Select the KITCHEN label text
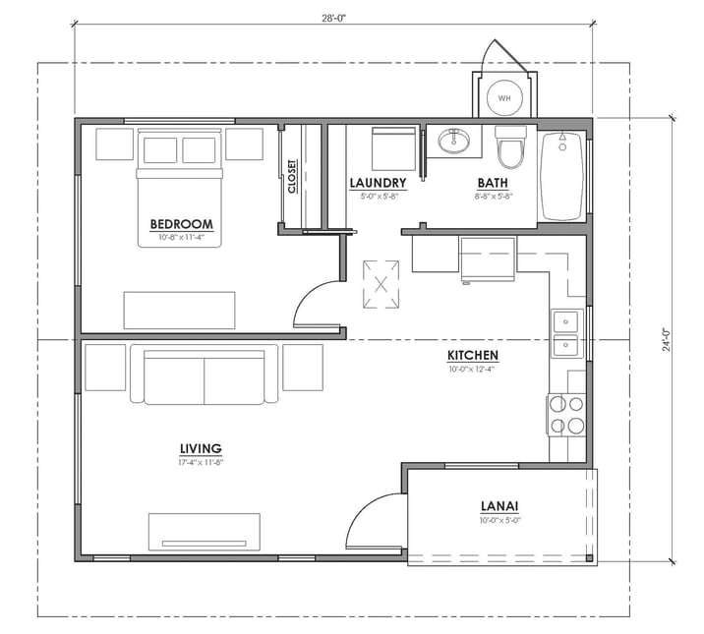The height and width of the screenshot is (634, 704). (x=473, y=355)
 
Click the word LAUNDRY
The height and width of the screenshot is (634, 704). (x=378, y=183)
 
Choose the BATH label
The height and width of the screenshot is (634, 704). (x=493, y=183)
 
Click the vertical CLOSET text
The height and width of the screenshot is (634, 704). (x=292, y=177)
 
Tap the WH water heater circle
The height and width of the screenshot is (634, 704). (x=504, y=98)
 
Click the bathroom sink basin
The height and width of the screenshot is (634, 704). (x=455, y=144)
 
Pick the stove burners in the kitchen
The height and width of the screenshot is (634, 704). (x=566, y=414)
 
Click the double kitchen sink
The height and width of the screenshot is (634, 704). (x=566, y=332)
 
